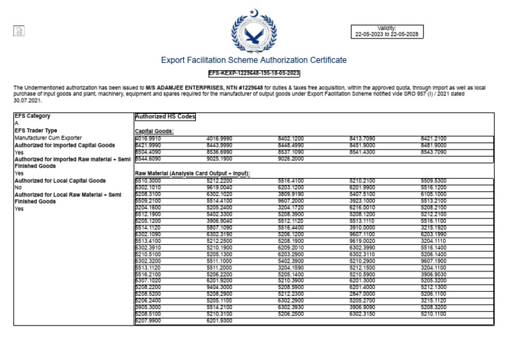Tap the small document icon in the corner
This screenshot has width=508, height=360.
click(19, 31)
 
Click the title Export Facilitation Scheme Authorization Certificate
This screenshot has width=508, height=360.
click(253, 60)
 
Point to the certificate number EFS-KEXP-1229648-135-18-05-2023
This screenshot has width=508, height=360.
click(254, 73)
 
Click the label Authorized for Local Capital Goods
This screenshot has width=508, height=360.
click(60, 180)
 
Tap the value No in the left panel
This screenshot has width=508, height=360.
click(18, 187)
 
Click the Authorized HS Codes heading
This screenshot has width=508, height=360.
click(165, 116)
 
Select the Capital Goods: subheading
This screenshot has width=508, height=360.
click(154, 131)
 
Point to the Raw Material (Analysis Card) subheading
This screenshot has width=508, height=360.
click(192, 173)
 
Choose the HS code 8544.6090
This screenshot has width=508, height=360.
click(148, 159)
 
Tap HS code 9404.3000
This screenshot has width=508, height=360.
click(220, 287)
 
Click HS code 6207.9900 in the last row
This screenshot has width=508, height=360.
click(148, 320)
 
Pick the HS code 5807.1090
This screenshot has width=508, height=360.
click(220, 227)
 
